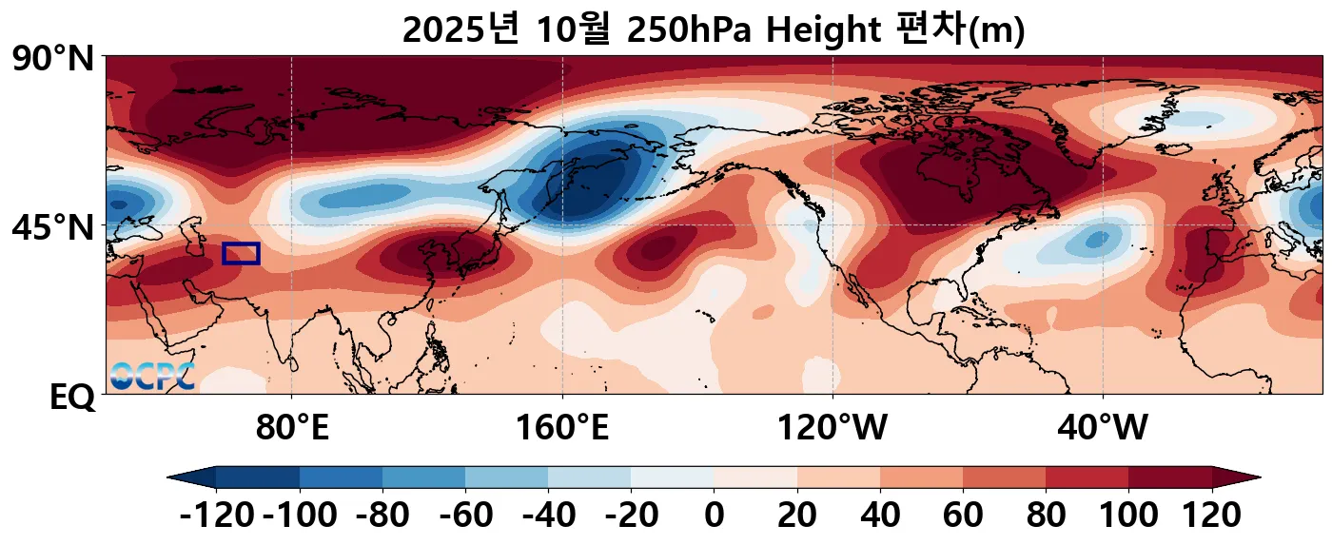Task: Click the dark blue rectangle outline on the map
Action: click(241, 253)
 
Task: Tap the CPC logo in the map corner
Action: click(152, 377)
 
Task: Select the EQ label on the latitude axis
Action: click(72, 397)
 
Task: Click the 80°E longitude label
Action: click(292, 428)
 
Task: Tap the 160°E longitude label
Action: click(562, 428)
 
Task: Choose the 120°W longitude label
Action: click(832, 428)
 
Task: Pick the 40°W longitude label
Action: click(1103, 428)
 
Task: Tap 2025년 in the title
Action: click(460, 30)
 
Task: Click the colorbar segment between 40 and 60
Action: click(921, 477)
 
